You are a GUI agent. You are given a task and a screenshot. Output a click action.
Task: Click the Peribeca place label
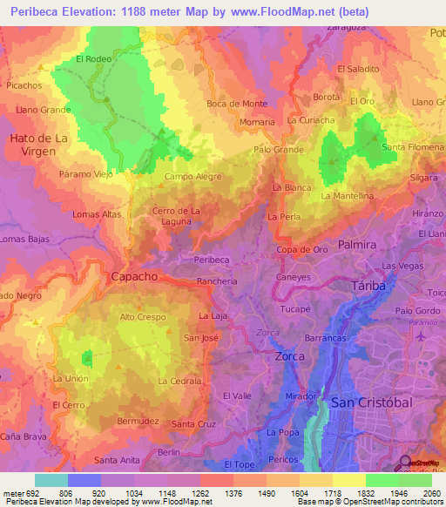(x=212, y=260)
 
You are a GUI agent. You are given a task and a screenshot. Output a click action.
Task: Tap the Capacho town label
(x=134, y=276)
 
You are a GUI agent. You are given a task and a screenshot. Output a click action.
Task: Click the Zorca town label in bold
(x=289, y=357)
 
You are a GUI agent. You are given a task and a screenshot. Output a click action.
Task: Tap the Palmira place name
(x=357, y=246)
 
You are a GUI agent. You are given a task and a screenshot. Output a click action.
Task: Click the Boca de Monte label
(x=237, y=104)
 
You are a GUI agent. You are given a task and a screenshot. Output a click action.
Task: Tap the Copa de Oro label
(x=302, y=250)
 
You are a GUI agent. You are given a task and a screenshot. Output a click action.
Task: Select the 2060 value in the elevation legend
(x=433, y=492)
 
